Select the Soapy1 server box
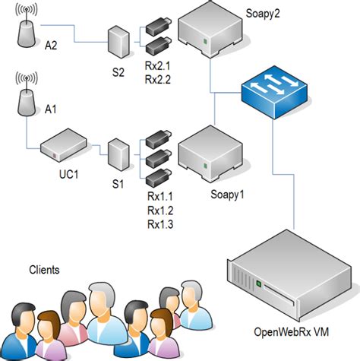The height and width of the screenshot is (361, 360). [209, 154]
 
